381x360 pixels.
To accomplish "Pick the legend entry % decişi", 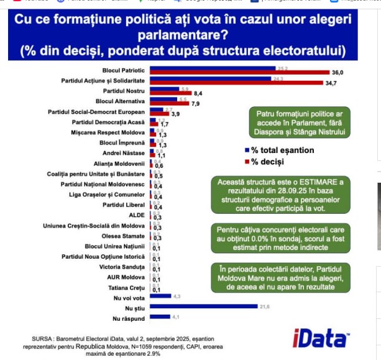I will click(269, 162).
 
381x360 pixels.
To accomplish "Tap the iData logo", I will click(320, 338).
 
